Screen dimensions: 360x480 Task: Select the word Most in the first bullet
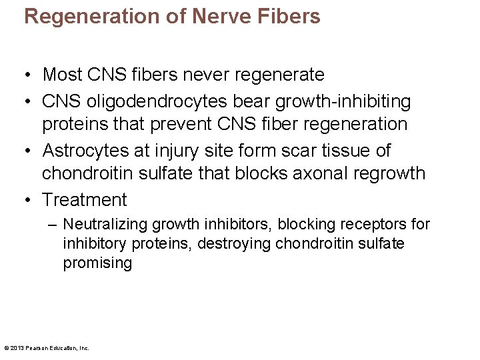tap(63, 75)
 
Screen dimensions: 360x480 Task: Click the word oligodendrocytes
tap(151, 101)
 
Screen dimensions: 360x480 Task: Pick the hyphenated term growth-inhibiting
tap(340, 101)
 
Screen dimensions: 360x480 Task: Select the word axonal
tap(317, 173)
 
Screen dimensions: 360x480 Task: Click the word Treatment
tap(84, 199)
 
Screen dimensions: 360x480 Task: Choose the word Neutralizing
tap(105, 225)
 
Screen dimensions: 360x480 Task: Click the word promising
tap(97, 263)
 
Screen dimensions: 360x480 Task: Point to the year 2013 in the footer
tap(17, 347)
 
